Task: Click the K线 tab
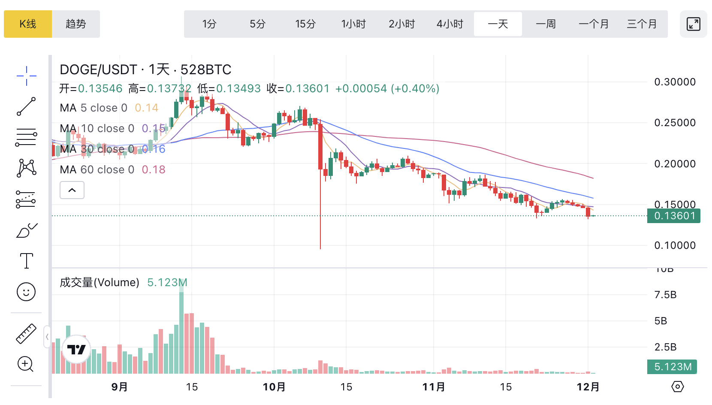[x=28, y=24]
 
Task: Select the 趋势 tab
[x=76, y=24]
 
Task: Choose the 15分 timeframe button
[x=305, y=24]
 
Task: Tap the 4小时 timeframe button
[x=450, y=24]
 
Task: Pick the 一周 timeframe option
[x=546, y=24]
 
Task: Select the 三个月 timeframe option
[x=642, y=24]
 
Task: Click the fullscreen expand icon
[x=693, y=24]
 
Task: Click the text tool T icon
[x=26, y=261]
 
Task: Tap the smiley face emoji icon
[x=26, y=292]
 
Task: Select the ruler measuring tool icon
[x=26, y=334]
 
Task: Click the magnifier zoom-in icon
[x=26, y=364]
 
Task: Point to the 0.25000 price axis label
[x=675, y=123]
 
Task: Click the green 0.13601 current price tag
[x=674, y=216]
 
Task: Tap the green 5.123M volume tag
[x=672, y=367]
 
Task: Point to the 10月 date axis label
[x=274, y=387]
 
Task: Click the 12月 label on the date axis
[x=588, y=387]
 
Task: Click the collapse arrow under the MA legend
[x=72, y=190]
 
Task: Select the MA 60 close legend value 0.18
[x=154, y=169]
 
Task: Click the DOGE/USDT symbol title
[x=98, y=70]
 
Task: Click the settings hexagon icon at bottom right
[x=677, y=387]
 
